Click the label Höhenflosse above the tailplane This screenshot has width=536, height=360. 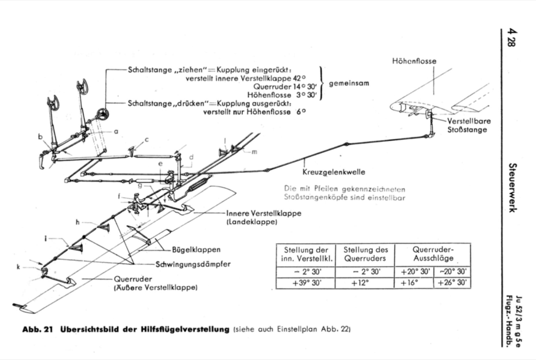(x=414, y=61)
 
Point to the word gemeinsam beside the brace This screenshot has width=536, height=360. (x=344, y=83)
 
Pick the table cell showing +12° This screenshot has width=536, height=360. (x=365, y=283)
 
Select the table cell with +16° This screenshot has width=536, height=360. (x=414, y=283)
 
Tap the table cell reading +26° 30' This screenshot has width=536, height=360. (x=452, y=283)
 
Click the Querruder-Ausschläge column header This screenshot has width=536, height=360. (x=432, y=254)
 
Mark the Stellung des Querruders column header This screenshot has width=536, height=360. (x=365, y=254)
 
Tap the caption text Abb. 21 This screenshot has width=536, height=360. (x=40, y=330)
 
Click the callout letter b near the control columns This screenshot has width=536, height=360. (x=40, y=137)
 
